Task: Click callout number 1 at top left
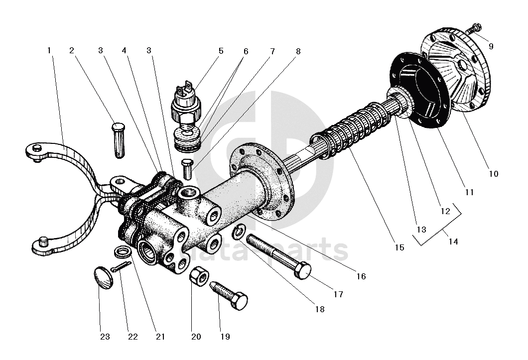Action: point(49,50)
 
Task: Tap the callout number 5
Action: point(221,51)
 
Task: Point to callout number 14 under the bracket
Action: point(453,241)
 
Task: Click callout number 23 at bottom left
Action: point(105,337)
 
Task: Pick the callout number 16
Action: point(361,276)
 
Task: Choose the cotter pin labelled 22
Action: point(123,267)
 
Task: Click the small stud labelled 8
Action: point(188,168)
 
